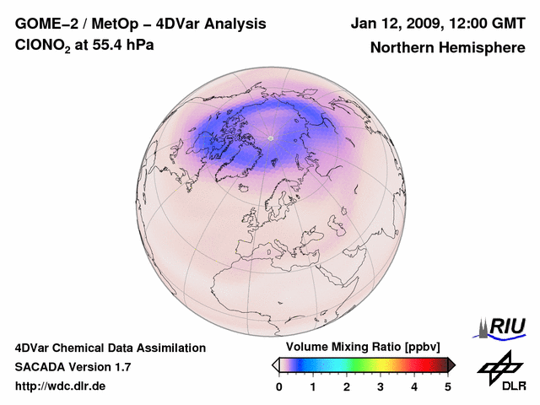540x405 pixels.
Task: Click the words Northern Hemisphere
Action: click(x=447, y=48)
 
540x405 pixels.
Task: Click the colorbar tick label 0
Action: click(x=279, y=386)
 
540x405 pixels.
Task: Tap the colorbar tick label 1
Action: click(x=313, y=386)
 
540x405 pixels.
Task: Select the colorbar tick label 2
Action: click(x=347, y=386)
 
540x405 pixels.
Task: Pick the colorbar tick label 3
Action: click(x=381, y=386)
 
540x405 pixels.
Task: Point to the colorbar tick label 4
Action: click(x=414, y=386)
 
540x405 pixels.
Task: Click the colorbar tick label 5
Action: click(x=448, y=386)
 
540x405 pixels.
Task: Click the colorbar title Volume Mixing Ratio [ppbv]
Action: click(x=364, y=348)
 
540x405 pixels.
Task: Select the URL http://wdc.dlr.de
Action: click(x=61, y=386)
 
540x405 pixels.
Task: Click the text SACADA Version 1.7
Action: click(x=73, y=367)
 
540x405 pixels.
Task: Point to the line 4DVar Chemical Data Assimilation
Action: click(x=110, y=348)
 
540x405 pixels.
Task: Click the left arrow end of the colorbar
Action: click(x=275, y=364)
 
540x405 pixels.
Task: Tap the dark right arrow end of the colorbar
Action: click(x=451, y=364)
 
